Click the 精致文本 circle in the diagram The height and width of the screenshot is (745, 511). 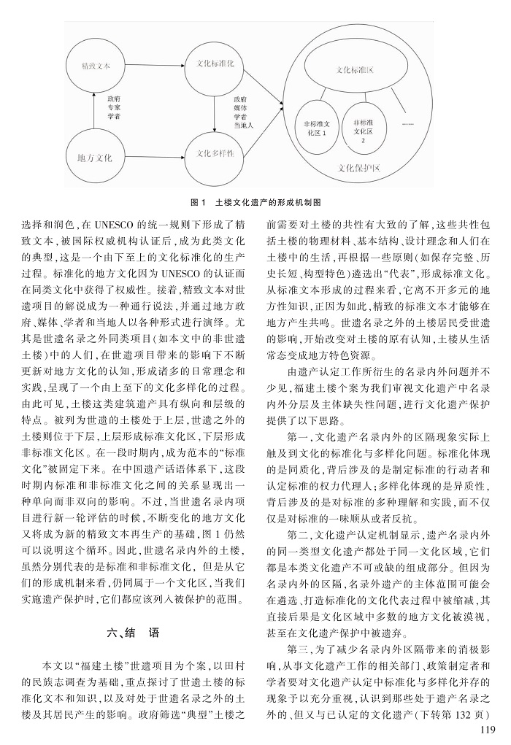click(96, 66)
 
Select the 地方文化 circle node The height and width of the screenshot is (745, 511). click(95, 156)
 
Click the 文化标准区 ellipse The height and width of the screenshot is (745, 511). click(356, 72)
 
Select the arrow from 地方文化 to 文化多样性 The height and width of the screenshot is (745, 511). click(154, 155)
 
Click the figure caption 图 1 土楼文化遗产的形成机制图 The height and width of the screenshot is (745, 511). click(255, 200)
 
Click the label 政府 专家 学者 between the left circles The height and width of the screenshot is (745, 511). click(113, 106)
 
